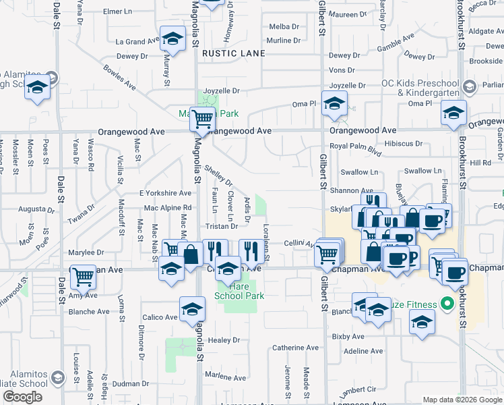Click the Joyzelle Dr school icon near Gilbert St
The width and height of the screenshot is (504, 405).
[x=333, y=103]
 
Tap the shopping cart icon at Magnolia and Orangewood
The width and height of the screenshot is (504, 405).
[x=202, y=119]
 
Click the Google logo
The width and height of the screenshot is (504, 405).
[x=22, y=397]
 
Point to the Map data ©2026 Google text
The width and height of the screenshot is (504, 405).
[x=462, y=400]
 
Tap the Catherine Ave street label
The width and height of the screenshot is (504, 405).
[x=295, y=348]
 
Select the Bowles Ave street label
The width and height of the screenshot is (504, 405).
[x=119, y=78]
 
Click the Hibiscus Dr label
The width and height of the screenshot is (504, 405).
[x=403, y=144]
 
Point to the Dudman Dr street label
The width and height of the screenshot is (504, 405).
[x=130, y=383]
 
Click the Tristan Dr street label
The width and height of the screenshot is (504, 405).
[x=222, y=227]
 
